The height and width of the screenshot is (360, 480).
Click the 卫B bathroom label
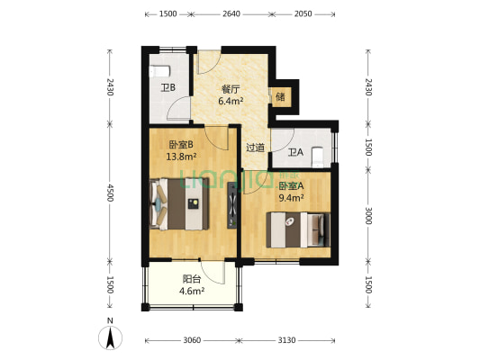(168, 88)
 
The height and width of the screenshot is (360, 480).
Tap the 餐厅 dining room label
(231, 90)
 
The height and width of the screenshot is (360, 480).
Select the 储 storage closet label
(280, 97)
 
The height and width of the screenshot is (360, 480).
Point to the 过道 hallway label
(255, 148)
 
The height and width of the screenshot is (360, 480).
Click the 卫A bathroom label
(295, 152)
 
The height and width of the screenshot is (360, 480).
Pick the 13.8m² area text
(181, 157)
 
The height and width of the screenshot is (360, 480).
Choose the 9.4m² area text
(291, 198)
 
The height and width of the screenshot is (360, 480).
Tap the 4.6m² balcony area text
(192, 291)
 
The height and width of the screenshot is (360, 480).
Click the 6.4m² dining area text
(231, 101)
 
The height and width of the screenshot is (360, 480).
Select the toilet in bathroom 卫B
(159, 71)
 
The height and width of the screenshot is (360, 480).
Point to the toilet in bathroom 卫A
(318, 157)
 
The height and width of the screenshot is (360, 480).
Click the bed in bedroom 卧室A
(298, 229)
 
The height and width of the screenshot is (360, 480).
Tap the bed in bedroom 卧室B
(179, 204)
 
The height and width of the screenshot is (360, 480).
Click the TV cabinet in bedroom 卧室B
(232, 205)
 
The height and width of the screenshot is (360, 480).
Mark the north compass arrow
(110, 337)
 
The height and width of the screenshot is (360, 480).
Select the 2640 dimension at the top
(231, 13)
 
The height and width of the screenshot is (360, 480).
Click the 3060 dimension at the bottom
(192, 340)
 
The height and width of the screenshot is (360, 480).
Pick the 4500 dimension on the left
(110, 193)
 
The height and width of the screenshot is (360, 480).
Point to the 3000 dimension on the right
(368, 216)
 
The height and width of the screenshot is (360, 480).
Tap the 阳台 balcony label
(192, 279)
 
